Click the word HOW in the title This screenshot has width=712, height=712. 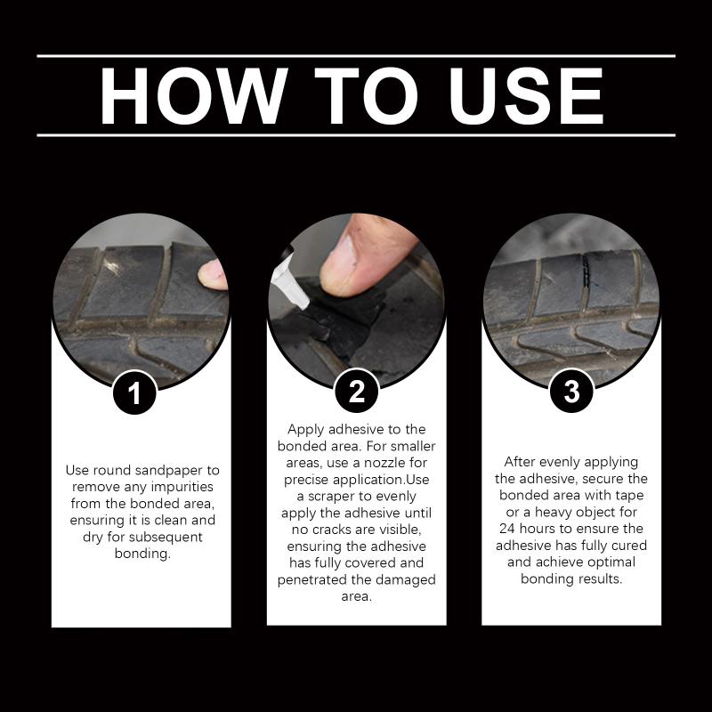coord(194,96)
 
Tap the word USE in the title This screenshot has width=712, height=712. coord(526,96)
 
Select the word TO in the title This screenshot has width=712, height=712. coord(366,96)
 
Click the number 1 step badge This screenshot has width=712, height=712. coord(134,392)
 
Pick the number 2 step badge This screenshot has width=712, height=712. coord(357,391)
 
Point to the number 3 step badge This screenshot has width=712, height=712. coord(571,391)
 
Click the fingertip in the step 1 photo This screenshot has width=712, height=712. coord(213,275)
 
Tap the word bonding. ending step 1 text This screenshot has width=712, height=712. coord(142,554)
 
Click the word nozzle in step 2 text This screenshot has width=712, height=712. coord(383,463)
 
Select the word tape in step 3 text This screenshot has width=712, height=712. coord(630,496)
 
